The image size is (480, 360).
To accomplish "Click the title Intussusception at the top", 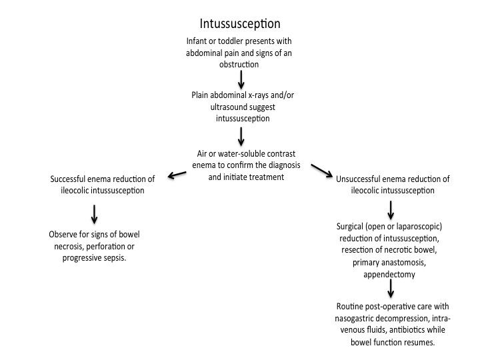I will click(x=239, y=26).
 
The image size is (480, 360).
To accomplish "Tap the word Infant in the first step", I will click(x=198, y=42).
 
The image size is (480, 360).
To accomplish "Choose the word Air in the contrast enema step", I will click(x=197, y=155).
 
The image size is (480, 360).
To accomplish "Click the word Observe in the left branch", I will click(x=65, y=235).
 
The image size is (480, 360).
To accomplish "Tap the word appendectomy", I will click(x=390, y=273).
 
